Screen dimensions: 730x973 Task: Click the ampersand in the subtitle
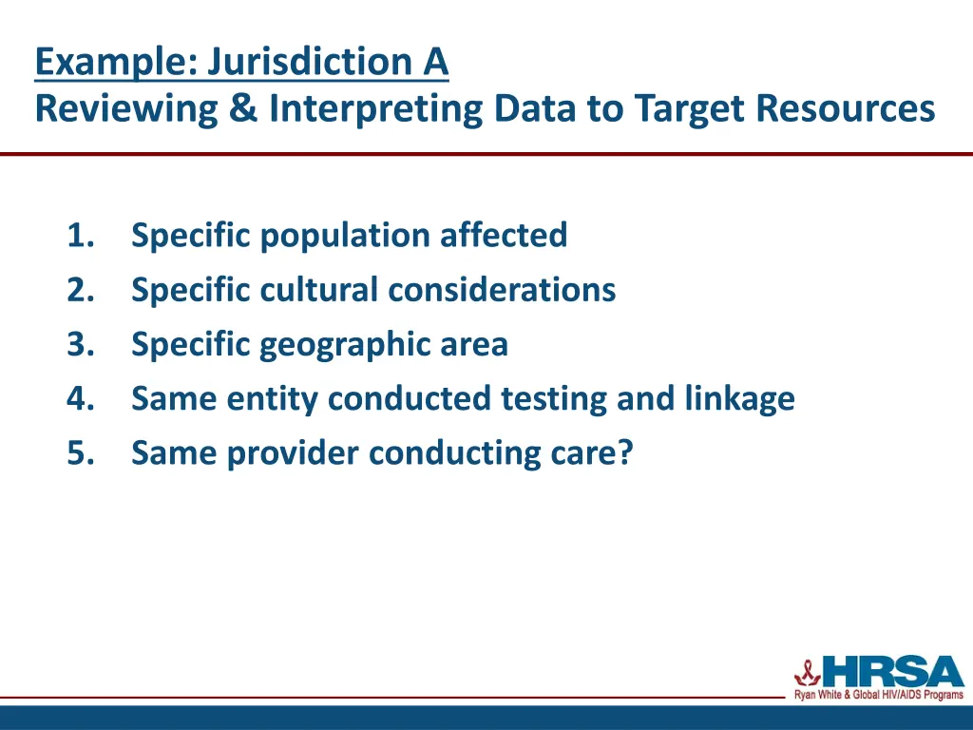[x=243, y=108]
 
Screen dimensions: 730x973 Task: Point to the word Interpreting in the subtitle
[x=374, y=108]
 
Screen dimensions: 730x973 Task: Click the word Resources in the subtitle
[x=846, y=108]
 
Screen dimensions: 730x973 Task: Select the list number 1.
[x=79, y=235]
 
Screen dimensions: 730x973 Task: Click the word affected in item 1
[x=504, y=235]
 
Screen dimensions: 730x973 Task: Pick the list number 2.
[x=79, y=289]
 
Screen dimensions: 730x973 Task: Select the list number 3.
[x=79, y=344]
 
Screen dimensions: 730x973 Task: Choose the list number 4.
[x=79, y=398]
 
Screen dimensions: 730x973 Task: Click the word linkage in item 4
[x=739, y=398]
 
